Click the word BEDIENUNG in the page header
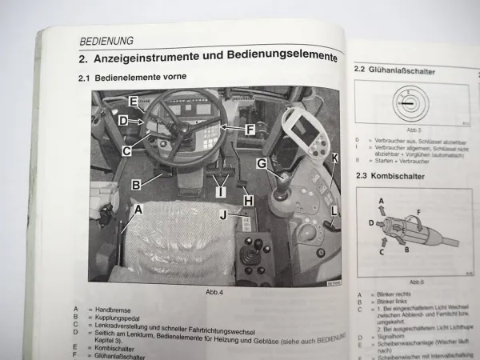pos(106,39)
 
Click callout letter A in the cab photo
pos(138,209)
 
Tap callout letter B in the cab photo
pos(137,184)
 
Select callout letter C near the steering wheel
pos(127,149)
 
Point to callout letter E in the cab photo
pos(134,102)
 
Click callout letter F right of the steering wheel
pos(250,127)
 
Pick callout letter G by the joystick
pos(261,164)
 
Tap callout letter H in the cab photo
pos(249,199)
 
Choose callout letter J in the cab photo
pos(224,214)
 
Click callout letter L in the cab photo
pos(333,210)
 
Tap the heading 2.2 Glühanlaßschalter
pos(395,71)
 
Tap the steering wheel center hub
pos(182,126)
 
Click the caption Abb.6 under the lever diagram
pos(416,282)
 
